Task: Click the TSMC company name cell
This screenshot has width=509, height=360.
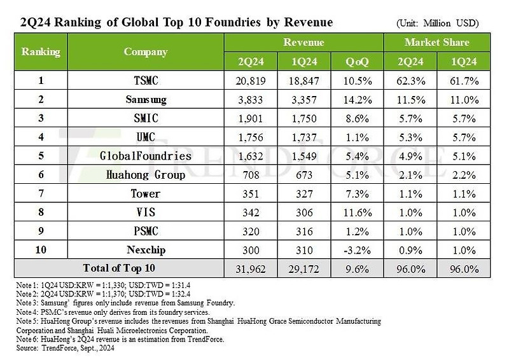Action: point(145,81)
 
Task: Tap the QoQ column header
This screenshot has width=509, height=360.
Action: point(356,62)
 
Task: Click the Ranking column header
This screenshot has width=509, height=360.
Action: point(41,52)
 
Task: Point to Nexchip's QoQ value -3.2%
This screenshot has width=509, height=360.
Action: point(356,249)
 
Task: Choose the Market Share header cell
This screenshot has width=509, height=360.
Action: point(436,43)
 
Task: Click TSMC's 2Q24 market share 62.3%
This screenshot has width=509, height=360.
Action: point(410,81)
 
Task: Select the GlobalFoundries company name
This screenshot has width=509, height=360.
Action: point(145,156)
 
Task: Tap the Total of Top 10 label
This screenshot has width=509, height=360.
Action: point(119,268)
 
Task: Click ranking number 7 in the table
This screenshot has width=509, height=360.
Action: point(41,193)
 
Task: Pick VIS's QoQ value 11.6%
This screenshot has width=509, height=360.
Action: point(356,212)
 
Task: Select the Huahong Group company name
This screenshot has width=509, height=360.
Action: point(145,175)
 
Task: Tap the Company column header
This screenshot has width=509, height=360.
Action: point(145,52)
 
